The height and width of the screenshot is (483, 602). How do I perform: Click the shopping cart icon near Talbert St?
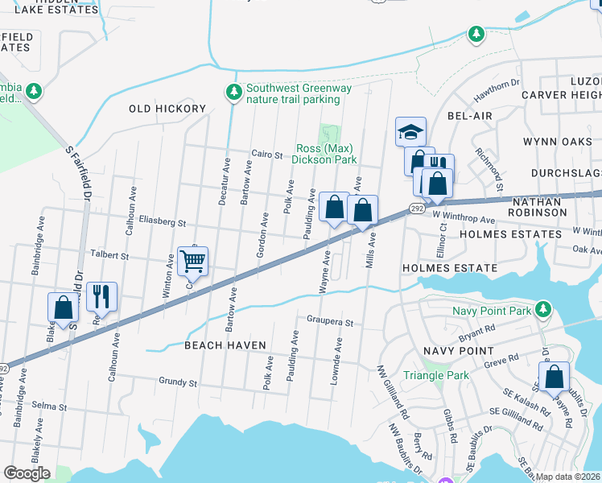pos(193,261)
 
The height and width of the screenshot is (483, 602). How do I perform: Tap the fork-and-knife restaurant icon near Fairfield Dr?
pos(102,296)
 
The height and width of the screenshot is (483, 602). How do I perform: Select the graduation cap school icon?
pos(410,131)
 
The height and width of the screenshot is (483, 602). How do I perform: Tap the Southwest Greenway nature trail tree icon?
pos(234,93)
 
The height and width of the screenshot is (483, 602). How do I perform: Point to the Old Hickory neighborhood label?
pos(167,109)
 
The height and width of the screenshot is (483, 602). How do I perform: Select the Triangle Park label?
pos(435,375)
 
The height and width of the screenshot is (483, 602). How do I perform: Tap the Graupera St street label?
pos(330,322)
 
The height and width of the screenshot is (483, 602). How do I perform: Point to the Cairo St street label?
pos(267,155)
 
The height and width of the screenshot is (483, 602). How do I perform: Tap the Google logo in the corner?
pos(27,473)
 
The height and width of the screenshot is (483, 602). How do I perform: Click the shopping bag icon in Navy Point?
pos(555,377)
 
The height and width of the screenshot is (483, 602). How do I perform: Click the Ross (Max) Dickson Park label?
pos(327,154)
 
